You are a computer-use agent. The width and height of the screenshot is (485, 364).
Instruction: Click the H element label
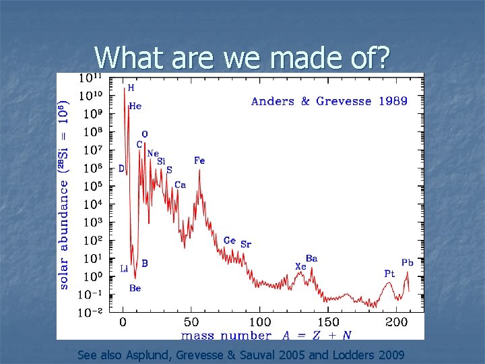click(x=131, y=88)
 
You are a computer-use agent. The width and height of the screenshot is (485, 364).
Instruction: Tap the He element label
click(x=135, y=106)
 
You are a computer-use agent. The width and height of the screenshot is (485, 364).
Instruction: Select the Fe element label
click(x=199, y=160)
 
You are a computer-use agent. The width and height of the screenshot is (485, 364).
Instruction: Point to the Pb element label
click(x=408, y=262)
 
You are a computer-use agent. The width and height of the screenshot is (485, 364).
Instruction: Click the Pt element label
click(x=389, y=274)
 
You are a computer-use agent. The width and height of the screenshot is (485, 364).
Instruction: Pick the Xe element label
click(x=300, y=266)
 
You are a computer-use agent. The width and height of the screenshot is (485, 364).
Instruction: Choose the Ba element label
click(x=312, y=258)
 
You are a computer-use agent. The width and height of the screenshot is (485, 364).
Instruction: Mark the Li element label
click(x=124, y=268)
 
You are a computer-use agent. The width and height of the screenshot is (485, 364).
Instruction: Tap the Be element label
click(x=135, y=288)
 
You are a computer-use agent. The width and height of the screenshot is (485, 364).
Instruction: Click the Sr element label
click(x=246, y=244)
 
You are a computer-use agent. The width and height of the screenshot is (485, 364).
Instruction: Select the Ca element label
click(x=180, y=185)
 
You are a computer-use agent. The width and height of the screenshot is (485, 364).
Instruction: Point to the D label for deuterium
click(x=121, y=169)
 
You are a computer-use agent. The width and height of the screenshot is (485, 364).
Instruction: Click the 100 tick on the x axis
click(x=259, y=323)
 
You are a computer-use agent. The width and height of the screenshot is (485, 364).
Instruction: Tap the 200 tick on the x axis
click(x=397, y=323)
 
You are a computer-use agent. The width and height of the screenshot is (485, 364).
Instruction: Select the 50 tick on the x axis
click(x=191, y=323)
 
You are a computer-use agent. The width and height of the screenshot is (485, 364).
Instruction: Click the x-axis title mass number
click(x=226, y=335)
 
